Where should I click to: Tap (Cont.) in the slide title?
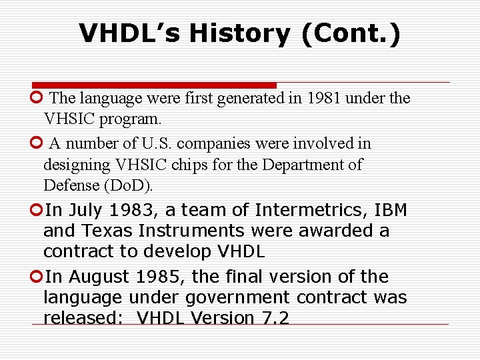click(351, 33)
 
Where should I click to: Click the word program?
click(137, 119)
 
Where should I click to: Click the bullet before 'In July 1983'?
click(36, 210)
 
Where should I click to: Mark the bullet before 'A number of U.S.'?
click(36, 143)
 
